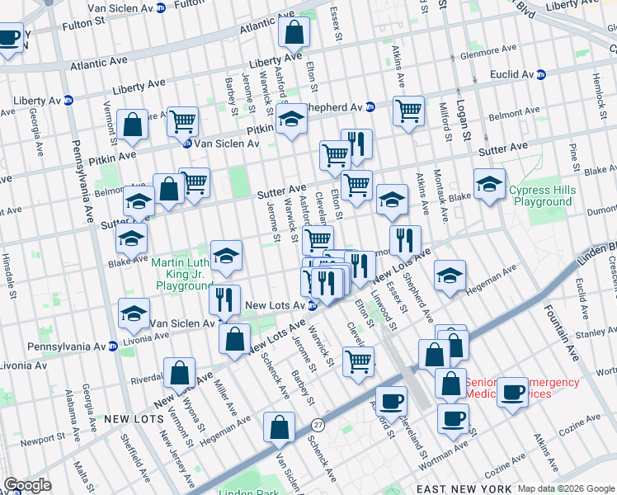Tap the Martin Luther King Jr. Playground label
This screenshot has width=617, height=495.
[x=182, y=275]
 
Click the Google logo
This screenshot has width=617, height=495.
[x=27, y=485]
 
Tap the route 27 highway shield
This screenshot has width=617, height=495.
[x=318, y=423]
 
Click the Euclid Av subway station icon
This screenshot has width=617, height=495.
[x=542, y=74]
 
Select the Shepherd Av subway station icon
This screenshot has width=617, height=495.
[x=371, y=106]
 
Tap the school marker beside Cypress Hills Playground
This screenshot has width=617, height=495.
[x=489, y=186]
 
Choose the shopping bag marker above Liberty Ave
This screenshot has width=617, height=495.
[x=294, y=33]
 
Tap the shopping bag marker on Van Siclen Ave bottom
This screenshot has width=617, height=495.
[x=279, y=427]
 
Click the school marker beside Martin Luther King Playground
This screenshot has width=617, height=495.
[x=226, y=257]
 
